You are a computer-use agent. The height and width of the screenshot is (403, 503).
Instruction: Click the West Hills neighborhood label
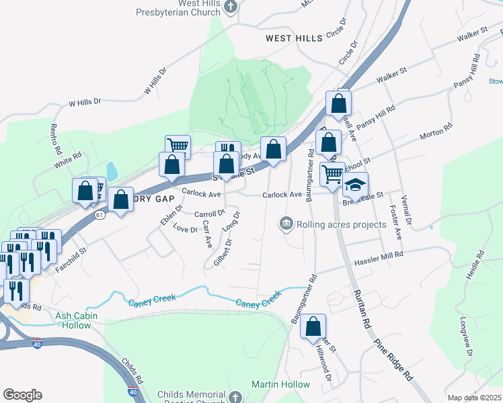(293, 38)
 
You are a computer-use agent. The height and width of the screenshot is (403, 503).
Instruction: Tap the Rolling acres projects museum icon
(286, 223)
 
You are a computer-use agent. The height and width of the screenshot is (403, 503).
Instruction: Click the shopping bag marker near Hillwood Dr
(313, 326)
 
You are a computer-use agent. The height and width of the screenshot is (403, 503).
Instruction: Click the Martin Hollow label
(281, 384)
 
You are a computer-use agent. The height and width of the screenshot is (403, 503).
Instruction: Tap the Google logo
(22, 395)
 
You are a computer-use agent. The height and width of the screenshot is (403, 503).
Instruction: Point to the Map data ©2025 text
(474, 398)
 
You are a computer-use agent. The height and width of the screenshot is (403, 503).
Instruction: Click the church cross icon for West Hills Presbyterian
(231, 8)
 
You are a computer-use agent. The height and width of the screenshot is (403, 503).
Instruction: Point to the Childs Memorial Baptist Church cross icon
(235, 397)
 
